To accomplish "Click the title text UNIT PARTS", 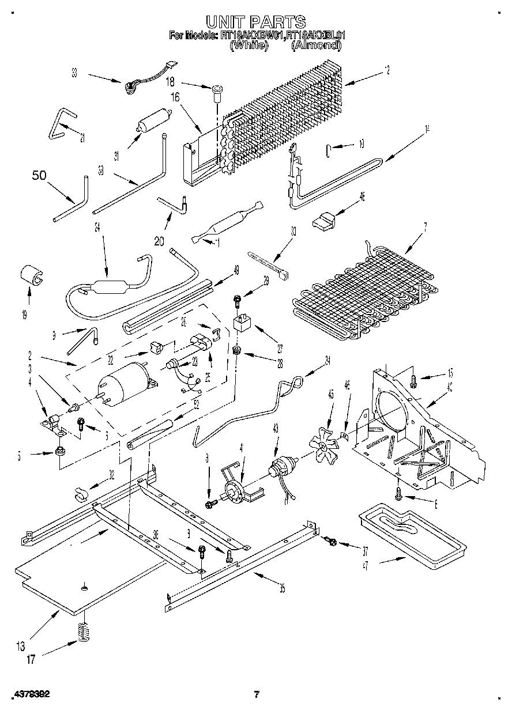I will click(256, 22).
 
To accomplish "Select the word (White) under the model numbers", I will click(250, 45).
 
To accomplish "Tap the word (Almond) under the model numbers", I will click(315, 45).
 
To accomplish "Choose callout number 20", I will click(160, 241).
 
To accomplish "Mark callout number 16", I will click(175, 97).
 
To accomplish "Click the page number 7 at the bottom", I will click(257, 694).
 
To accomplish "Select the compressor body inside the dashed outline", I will click(122, 385).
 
